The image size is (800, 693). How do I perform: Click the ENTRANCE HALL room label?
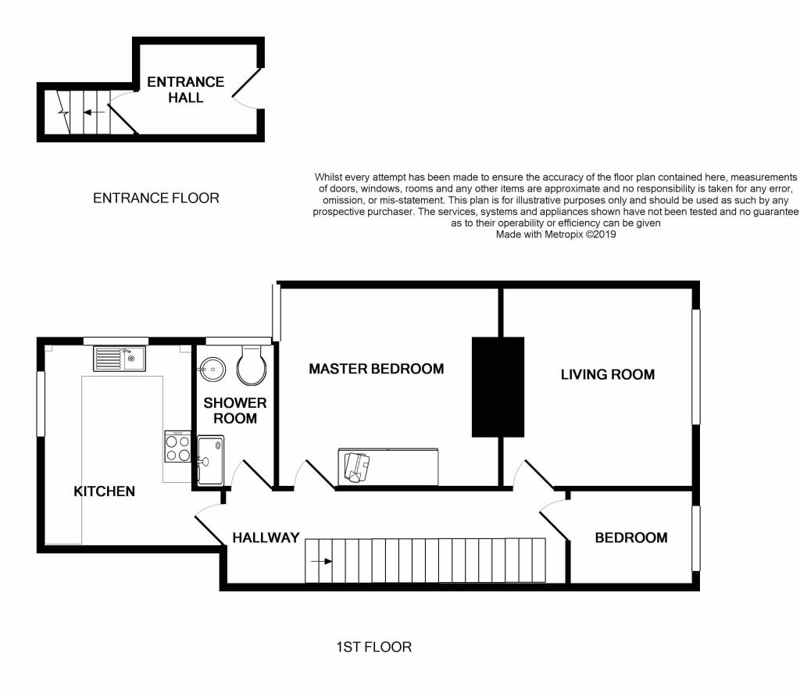click(186, 90)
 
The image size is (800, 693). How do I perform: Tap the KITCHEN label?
click(105, 491)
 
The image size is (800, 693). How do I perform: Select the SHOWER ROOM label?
click(235, 411)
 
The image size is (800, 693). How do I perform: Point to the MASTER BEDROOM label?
click(377, 369)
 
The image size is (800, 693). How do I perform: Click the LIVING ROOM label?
click(608, 374)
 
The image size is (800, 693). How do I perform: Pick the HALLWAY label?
click(266, 538)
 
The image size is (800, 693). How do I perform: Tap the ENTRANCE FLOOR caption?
click(156, 198)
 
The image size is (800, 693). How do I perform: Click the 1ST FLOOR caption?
click(374, 647)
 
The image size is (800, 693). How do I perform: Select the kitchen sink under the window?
click(120, 359)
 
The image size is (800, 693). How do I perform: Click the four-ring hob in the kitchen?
click(178, 447)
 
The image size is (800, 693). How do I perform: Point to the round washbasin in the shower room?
click(212, 369)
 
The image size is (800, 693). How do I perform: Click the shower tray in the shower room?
click(211, 460)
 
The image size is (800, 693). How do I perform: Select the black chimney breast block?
click(498, 387)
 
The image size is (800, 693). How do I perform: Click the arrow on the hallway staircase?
click(321, 561)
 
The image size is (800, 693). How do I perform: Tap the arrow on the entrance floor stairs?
click(94, 113)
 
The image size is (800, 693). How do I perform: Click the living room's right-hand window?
click(696, 366)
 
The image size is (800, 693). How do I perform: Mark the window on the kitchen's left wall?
click(41, 404)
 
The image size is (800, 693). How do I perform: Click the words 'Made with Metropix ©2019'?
click(555, 234)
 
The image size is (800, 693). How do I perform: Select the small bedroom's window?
click(696, 538)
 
